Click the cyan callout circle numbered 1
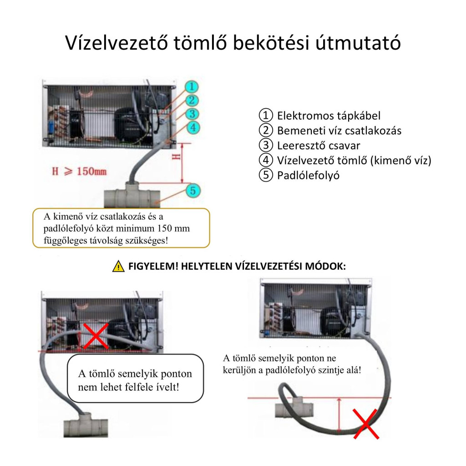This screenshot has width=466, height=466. (192, 86)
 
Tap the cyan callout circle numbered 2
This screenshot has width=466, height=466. (192, 100)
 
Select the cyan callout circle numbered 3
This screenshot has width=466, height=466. (192, 114)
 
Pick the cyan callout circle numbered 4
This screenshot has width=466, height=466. (193, 127)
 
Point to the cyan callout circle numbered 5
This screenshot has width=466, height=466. (193, 191)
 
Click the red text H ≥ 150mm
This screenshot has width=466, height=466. (79, 171)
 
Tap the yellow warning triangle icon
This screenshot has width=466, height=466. (118, 266)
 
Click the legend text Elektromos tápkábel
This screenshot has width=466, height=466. (329, 116)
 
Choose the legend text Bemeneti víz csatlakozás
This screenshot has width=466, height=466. (339, 131)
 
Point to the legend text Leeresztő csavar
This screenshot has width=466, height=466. (319, 146)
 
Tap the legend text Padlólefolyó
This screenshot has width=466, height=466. (308, 175)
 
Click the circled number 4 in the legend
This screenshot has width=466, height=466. (266, 160)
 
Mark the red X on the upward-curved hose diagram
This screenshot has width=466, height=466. (95, 336)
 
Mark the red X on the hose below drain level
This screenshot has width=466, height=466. (366, 424)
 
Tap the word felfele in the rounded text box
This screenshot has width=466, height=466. (140, 387)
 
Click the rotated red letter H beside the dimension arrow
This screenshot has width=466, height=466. (176, 157)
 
